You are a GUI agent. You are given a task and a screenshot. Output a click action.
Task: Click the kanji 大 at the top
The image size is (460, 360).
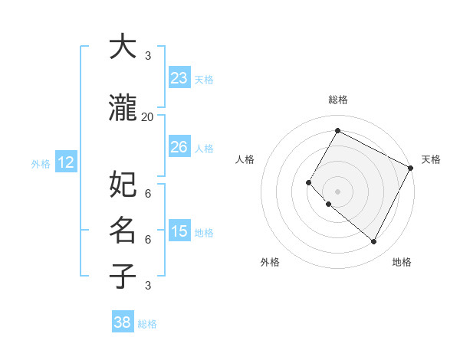(123, 47)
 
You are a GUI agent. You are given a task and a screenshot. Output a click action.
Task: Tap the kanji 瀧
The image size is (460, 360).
(123, 109)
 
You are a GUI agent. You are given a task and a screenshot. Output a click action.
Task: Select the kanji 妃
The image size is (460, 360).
(123, 185)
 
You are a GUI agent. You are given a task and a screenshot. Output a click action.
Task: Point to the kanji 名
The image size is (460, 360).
(123, 230)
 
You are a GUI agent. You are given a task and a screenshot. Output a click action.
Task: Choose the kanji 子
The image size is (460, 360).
(123, 276)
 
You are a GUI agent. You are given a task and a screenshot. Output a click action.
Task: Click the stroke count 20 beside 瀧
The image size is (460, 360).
(148, 116)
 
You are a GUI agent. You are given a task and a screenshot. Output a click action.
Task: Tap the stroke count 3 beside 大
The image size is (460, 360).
(148, 55)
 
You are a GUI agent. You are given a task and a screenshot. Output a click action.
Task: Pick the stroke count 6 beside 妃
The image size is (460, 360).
(148, 192)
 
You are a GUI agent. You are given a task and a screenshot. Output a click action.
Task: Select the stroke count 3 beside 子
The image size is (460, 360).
(148, 285)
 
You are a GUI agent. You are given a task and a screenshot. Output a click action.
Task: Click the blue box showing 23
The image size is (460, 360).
(179, 78)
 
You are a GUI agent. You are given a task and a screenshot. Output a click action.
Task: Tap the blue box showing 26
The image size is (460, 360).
(179, 147)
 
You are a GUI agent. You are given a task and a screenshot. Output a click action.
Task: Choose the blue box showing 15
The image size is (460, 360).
(179, 231)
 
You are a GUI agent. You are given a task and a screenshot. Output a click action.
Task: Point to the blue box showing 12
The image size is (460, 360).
(65, 162)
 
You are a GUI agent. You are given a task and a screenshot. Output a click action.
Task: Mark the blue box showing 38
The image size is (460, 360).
(122, 322)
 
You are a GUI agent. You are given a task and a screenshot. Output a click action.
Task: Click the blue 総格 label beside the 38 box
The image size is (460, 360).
(147, 324)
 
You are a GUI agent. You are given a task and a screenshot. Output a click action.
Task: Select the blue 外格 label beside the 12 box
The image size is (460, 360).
(40, 163)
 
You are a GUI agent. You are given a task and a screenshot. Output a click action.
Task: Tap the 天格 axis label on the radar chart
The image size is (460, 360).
(431, 159)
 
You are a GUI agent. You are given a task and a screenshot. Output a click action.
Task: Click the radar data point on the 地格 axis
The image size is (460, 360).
(374, 242)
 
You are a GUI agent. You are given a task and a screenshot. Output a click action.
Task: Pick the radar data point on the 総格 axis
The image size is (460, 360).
(337, 130)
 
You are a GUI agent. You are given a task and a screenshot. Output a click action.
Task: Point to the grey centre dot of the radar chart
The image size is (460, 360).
(337, 191)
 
